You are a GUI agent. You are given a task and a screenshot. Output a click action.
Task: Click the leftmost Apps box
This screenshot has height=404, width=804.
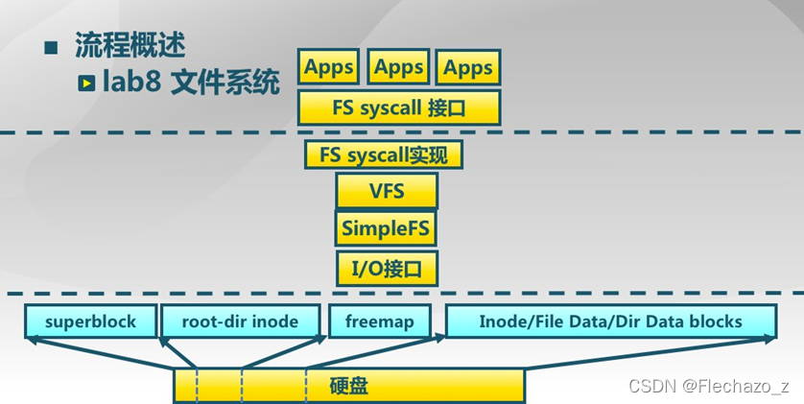[329, 68]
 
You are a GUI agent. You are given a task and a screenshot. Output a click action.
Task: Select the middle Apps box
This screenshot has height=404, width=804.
[398, 68]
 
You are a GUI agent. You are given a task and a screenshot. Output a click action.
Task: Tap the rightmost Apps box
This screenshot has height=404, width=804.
[468, 68]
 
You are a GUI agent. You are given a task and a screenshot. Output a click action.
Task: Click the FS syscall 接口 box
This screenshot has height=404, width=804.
[399, 107]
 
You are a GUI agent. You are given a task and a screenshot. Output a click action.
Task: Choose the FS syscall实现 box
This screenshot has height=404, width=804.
[384, 154]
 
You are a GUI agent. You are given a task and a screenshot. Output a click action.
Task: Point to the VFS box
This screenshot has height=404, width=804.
[387, 191]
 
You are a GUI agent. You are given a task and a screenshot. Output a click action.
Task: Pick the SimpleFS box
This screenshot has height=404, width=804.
[387, 228]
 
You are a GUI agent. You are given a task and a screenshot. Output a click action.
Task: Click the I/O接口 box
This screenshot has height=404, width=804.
[387, 266]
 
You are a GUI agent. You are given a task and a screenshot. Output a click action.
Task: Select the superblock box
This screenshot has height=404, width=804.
[90, 321]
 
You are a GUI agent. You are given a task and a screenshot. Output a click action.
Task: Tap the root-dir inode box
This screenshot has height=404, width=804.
[240, 321]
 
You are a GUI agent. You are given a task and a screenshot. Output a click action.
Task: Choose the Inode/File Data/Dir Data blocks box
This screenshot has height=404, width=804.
[610, 321]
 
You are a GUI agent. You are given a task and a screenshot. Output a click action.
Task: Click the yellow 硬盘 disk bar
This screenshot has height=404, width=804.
[348, 387]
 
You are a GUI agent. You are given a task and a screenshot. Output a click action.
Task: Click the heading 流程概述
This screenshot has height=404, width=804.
[130, 46]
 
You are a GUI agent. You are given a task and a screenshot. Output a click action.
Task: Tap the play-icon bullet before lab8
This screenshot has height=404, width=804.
[86, 83]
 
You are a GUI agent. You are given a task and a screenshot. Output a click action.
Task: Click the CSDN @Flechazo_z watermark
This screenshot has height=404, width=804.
[708, 386]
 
